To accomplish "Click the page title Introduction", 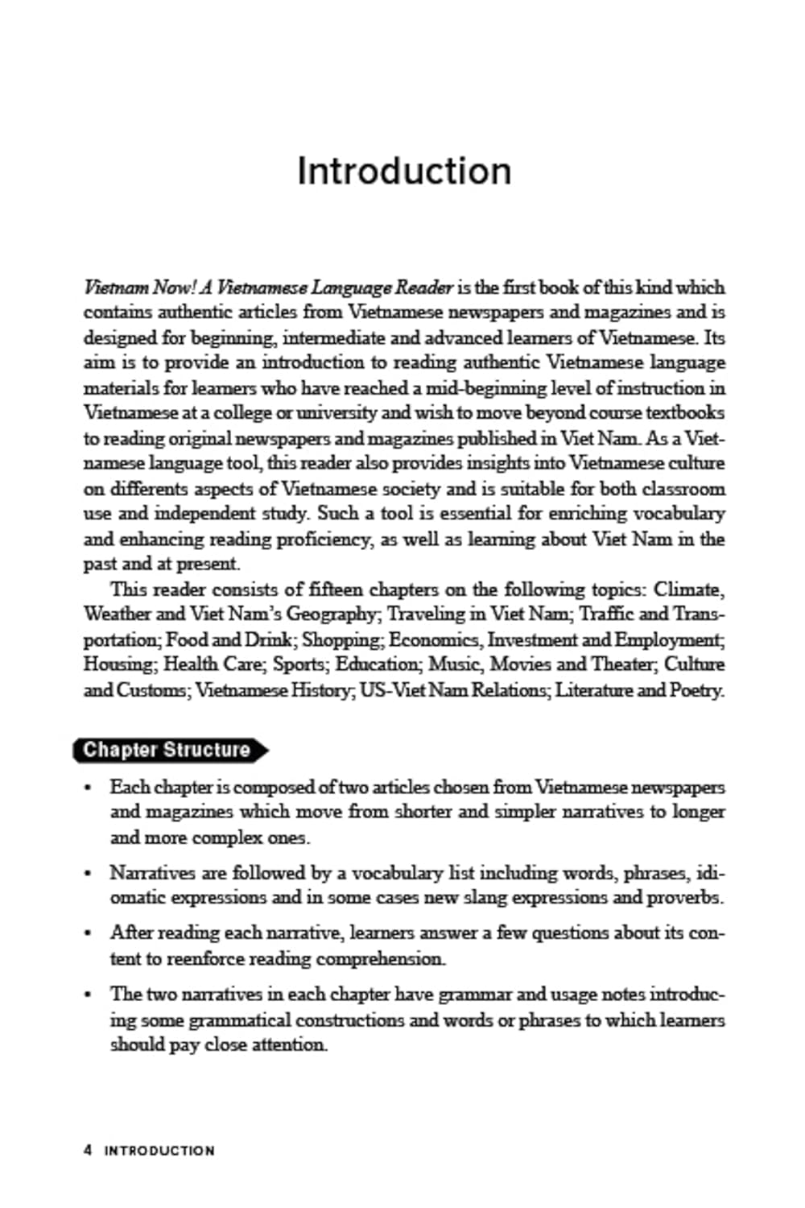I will pyautogui.click(x=403, y=171).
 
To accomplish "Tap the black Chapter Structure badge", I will pyautogui.click(x=168, y=750).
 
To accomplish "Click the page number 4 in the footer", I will pyautogui.click(x=88, y=1150).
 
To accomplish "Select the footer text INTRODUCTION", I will pyautogui.click(x=159, y=1151).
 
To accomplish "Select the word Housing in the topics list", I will pyautogui.click(x=118, y=665).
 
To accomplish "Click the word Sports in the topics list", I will pyautogui.click(x=299, y=665).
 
